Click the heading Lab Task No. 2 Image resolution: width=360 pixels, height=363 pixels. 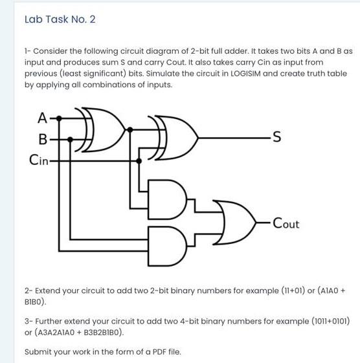tap(60, 19)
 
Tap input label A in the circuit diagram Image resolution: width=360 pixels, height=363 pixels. tap(42, 118)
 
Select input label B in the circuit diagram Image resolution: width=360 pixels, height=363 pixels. tap(43, 138)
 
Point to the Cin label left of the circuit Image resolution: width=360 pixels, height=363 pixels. tap(38, 159)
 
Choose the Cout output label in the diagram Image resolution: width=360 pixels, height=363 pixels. tap(286, 224)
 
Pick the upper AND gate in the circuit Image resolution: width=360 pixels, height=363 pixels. tap(170, 197)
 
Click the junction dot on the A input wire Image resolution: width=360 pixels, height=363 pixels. tap(60, 118)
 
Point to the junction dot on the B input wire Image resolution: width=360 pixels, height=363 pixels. tap(70, 138)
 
